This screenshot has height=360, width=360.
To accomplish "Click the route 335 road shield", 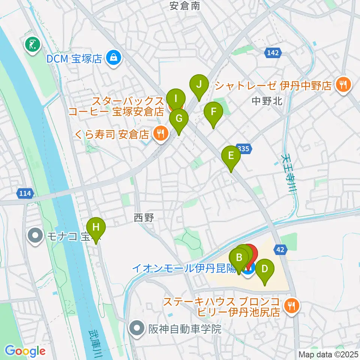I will pyautogui.click(x=243, y=149).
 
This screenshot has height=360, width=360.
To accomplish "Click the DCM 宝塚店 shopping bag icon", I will pyautogui.click(x=112, y=58).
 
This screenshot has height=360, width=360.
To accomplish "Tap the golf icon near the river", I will pyautogui.click(x=33, y=45).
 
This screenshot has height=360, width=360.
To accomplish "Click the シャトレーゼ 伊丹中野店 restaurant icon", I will pyautogui.click(x=342, y=85).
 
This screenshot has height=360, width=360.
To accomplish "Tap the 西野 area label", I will pyautogui.click(x=144, y=217).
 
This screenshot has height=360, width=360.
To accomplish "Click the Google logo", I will pyautogui.click(x=25, y=351).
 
